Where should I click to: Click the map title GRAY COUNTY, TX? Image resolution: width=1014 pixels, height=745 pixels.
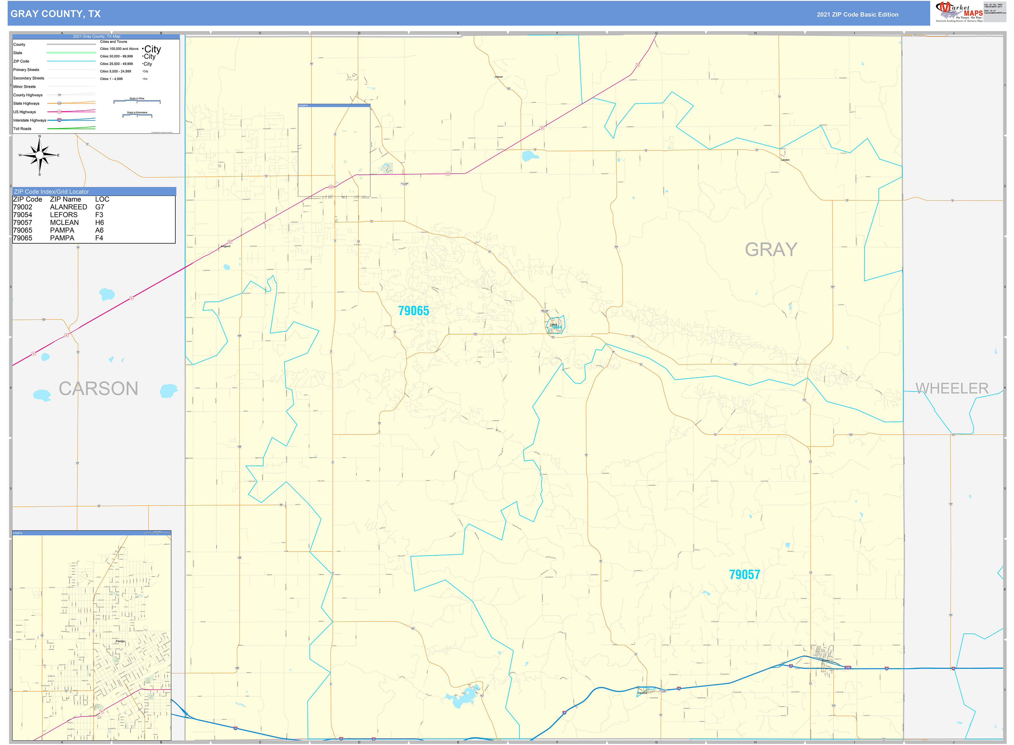[56, 14]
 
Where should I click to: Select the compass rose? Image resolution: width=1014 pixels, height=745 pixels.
[40, 155]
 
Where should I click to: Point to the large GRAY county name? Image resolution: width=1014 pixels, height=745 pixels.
[771, 249]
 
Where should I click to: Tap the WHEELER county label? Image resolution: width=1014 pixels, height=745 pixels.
[952, 388]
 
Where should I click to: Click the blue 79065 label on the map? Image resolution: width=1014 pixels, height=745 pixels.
[413, 311]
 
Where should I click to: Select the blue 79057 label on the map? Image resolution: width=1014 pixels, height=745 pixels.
[744, 575]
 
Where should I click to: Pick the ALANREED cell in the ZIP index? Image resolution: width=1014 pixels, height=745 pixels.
[68, 207]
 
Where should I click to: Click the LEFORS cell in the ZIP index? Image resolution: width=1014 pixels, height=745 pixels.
[64, 215]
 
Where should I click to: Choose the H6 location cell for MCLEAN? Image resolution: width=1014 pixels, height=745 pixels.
[100, 222]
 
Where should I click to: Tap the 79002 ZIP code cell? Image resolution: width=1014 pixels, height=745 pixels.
[23, 207]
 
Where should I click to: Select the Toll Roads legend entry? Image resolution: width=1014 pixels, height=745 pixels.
[23, 129]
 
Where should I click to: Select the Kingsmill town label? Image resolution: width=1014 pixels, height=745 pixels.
[226, 246]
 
